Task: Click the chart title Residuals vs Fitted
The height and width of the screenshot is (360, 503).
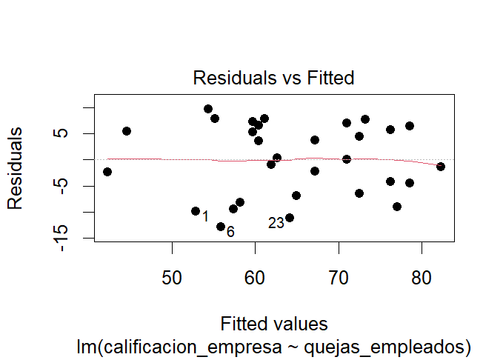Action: (273, 77)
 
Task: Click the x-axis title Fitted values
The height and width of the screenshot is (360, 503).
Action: (273, 324)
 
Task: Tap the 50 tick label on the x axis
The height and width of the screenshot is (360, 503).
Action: (173, 278)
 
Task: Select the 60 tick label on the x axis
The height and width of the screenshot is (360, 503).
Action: (256, 278)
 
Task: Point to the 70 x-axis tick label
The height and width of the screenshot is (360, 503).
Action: (339, 278)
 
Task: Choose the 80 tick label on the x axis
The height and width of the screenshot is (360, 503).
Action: (422, 278)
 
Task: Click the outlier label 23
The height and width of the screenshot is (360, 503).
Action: (276, 223)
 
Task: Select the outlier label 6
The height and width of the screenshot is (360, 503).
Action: (230, 233)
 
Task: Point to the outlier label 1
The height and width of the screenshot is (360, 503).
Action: (205, 216)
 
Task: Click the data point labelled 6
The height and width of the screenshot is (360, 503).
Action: (221, 227)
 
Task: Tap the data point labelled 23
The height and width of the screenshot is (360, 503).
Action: (290, 218)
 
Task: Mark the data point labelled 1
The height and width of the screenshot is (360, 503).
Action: (196, 211)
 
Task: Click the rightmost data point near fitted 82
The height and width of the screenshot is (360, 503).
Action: (441, 167)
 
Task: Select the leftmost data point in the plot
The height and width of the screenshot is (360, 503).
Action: (107, 172)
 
